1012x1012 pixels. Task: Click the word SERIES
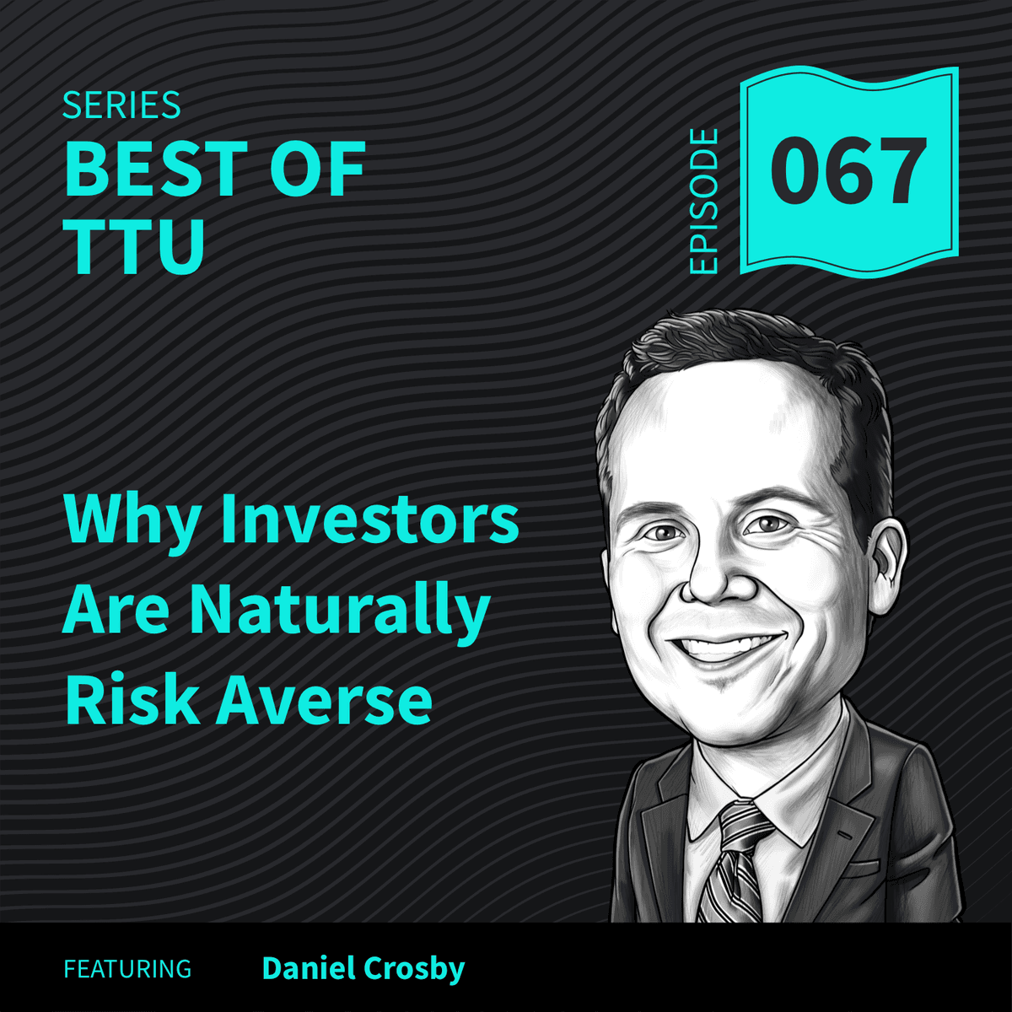[x=121, y=106]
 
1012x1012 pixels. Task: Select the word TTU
[x=135, y=245]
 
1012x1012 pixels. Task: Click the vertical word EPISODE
[x=703, y=201]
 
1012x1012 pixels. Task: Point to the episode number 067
[x=848, y=172]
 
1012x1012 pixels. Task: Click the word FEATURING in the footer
[x=127, y=969]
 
